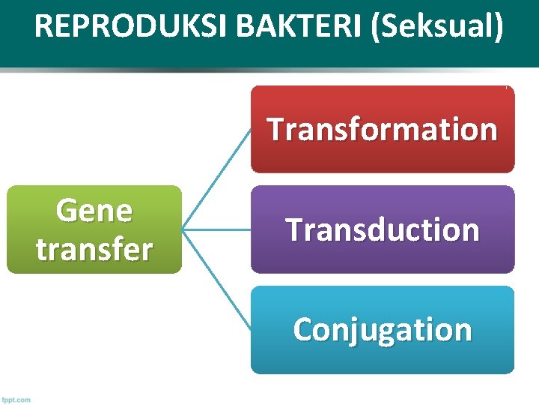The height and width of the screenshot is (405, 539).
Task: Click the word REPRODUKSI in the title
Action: coord(130,26)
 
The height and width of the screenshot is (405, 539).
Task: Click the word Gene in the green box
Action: coord(94,211)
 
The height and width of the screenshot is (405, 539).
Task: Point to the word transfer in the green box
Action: coord(94,249)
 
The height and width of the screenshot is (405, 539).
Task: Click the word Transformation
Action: coord(383,130)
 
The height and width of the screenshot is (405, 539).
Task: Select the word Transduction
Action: coord(383,229)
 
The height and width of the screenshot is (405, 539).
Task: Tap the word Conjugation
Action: coord(383,330)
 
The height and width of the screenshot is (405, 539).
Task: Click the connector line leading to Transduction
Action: coord(216,229)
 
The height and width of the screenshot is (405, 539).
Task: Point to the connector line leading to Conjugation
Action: coord(217,279)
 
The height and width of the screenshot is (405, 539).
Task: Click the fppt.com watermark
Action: coord(16,399)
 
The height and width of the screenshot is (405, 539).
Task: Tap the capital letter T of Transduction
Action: coord(294,229)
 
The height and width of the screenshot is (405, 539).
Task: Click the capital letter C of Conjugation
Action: coord(303,330)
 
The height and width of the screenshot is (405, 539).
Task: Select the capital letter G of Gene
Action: coord(67,211)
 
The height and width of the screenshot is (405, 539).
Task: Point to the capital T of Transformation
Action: coord(275,130)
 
